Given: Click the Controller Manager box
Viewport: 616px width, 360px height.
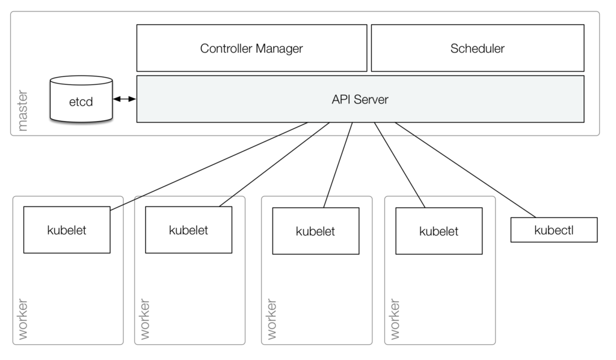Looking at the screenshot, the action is pos(252,48).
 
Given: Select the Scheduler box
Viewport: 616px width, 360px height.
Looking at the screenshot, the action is pos(478,48).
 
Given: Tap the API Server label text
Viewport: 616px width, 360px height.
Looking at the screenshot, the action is pos(360,99).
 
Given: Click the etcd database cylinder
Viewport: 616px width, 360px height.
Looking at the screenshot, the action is pos(81,99).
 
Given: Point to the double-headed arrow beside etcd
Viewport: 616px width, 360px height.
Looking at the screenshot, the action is pos(125,99).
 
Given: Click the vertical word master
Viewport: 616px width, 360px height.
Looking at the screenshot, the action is pos(23,110).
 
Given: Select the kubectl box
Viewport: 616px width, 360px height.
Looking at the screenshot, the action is pos(554,230).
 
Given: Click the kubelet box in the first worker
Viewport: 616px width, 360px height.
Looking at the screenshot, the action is pos(67,230).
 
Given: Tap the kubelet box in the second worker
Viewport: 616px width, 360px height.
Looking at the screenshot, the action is pos(188,230).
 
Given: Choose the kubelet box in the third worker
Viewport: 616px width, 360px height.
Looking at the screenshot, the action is pos(316,231).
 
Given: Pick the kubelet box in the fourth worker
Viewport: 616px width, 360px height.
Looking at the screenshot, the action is pos(439,231).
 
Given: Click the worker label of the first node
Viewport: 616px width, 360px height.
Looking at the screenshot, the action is pos(23,319).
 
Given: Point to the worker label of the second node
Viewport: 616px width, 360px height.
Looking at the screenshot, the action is pos(145,319).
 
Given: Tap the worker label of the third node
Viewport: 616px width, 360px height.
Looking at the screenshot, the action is pos(271,319).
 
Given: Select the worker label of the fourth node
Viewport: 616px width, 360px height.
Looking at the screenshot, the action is pos(395,319).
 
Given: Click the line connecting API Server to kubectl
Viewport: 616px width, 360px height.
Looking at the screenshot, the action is pos(465,170).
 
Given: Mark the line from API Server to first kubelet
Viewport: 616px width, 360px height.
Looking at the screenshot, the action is pos(209,166).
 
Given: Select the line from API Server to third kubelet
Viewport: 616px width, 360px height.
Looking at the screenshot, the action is pos(338,165).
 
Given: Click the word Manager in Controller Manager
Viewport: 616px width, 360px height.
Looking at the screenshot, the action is pos(279,48).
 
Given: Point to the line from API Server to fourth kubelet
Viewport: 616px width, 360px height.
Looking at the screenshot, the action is pos(399,165).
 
